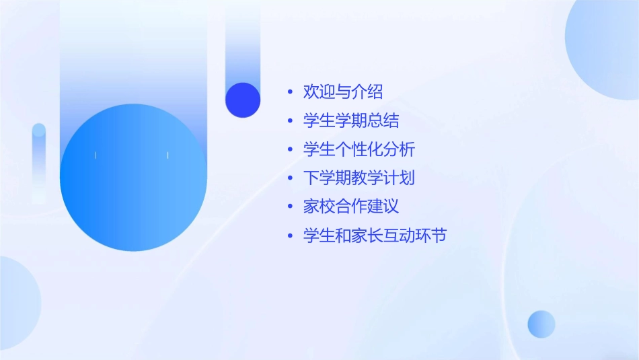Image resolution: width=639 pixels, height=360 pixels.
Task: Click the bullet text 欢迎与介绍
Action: (x=343, y=92)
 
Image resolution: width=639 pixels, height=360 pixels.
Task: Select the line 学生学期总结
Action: (x=351, y=120)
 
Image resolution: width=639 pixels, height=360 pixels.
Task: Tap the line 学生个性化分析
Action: (x=359, y=149)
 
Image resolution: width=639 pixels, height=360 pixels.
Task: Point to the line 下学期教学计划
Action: (x=359, y=178)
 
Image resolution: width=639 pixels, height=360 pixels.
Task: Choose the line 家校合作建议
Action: (x=351, y=207)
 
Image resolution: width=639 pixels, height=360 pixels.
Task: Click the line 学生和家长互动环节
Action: (x=375, y=236)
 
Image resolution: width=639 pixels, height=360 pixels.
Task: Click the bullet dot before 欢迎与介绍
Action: (x=290, y=92)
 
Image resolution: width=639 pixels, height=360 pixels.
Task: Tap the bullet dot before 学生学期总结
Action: (x=290, y=120)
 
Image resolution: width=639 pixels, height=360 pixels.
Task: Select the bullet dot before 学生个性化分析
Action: (x=290, y=149)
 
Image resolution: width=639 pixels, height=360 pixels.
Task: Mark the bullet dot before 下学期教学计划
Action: (x=290, y=178)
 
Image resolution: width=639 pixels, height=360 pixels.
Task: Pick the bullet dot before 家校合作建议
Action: (x=290, y=207)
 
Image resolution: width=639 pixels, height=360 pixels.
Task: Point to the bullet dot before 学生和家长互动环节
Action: (x=290, y=236)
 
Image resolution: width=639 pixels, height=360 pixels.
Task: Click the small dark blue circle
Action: (x=243, y=100)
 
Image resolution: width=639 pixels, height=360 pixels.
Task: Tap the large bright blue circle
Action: (x=133, y=178)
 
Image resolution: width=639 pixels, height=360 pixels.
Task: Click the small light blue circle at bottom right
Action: (x=541, y=324)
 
